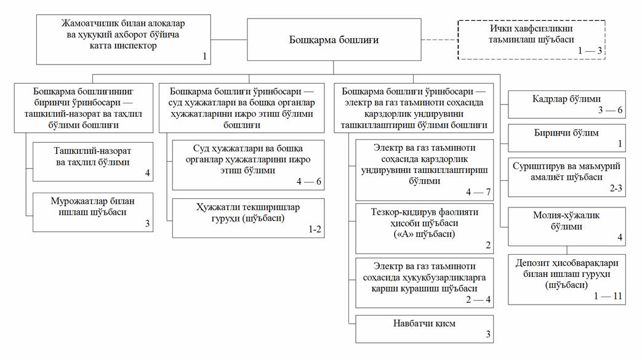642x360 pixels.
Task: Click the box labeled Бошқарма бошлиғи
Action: coord(334,40)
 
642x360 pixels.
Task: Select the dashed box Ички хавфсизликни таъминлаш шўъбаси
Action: coord(531,40)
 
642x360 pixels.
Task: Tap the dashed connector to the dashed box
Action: coord(439,40)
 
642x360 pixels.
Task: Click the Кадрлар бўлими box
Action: coord(567,105)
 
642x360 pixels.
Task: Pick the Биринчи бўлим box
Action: coord(567,138)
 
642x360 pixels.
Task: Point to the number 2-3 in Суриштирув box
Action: coord(616,188)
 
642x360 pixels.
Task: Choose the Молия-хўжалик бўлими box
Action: coord(567,226)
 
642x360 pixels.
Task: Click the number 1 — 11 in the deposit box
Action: coord(608,296)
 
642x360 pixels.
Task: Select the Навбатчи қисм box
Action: coord(425,329)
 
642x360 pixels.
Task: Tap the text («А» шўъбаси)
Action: coord(424,234)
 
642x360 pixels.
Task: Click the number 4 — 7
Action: coord(478,191)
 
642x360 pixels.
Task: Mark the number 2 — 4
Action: coord(478,300)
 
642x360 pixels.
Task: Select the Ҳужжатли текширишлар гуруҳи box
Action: coord(248,218)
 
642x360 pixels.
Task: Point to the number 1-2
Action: coord(315,230)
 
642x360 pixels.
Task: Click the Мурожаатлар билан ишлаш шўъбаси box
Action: coord(93,212)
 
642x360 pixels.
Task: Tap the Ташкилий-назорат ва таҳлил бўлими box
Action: coord(93,162)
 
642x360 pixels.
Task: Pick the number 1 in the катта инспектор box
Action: coord(205,56)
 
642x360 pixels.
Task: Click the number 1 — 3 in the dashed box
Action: coord(590,50)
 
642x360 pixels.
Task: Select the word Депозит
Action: coord(531,263)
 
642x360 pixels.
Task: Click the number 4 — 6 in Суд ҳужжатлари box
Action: coord(309,181)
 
